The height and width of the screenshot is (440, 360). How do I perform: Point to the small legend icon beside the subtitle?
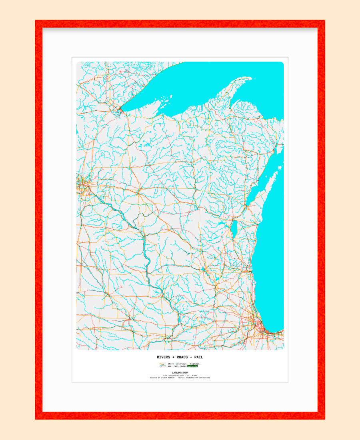point(162,365)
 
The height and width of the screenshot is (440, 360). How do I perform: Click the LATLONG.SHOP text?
point(180,372)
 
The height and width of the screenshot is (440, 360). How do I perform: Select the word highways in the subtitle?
point(195,364)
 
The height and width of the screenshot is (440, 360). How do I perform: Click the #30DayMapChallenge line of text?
point(180,375)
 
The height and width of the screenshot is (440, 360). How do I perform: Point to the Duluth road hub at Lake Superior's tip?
point(118,109)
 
